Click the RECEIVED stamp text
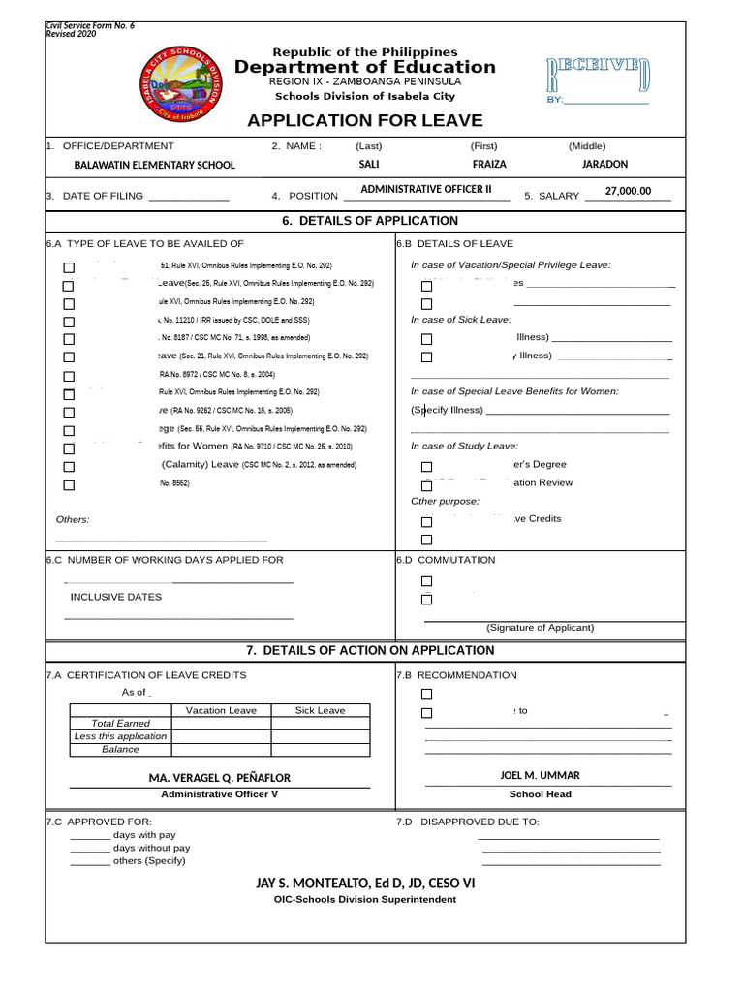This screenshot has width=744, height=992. [x=598, y=73]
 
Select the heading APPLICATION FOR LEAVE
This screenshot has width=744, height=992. [x=364, y=121]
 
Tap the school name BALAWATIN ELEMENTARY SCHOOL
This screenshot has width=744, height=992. [x=155, y=165]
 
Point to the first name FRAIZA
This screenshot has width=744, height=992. [x=489, y=165]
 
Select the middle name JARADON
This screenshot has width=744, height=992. [x=604, y=165]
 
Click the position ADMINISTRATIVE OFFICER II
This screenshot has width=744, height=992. [x=426, y=190]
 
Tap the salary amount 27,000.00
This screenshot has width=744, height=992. [x=628, y=192]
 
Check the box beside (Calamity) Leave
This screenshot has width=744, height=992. [x=69, y=467]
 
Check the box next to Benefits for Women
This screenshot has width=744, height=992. [x=69, y=449]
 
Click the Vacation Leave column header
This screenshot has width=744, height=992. [x=221, y=710]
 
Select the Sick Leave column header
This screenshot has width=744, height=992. [x=320, y=710]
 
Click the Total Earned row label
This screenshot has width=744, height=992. [x=120, y=724]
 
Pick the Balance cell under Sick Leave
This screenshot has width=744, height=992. [x=320, y=750]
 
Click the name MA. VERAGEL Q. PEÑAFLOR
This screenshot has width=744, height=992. [x=219, y=778]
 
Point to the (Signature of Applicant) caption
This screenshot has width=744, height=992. [x=540, y=628]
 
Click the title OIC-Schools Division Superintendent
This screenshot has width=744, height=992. [x=365, y=900]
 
